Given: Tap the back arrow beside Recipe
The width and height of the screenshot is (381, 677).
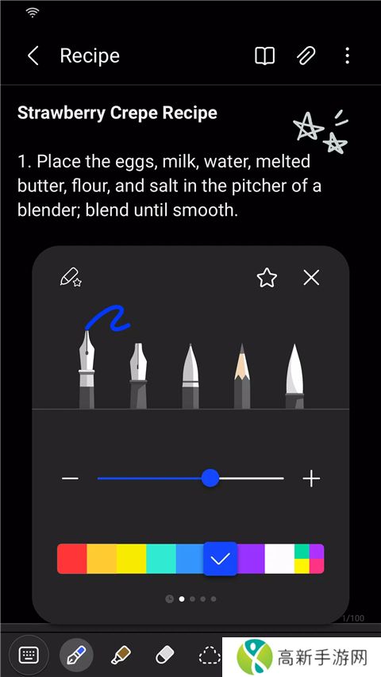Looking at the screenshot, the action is [x=33, y=56].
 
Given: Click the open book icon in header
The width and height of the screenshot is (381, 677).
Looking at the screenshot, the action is [x=264, y=56].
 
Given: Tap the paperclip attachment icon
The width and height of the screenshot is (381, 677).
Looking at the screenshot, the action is [x=306, y=56].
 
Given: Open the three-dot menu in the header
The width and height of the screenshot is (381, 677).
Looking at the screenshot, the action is [x=348, y=56].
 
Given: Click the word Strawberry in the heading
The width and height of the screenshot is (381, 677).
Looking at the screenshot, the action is [x=62, y=113].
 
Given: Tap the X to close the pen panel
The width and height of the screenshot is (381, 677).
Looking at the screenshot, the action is [x=311, y=278].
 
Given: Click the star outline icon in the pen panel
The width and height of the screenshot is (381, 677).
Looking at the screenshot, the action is [x=267, y=278].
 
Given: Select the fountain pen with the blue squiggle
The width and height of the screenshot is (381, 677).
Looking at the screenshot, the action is [x=87, y=369].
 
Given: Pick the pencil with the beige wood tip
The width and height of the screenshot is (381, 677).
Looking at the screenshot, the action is [x=242, y=376].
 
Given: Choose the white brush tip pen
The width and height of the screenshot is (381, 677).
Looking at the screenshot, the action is [x=294, y=376].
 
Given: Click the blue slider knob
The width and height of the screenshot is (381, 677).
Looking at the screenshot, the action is [x=210, y=478].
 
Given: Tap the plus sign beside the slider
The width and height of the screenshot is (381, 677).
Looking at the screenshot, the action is [x=311, y=479].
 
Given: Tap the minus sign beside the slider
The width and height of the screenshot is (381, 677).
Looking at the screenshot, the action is [x=70, y=479].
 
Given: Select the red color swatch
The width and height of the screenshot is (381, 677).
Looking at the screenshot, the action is [x=72, y=559].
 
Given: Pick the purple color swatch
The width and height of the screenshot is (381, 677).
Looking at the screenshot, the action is [x=251, y=559].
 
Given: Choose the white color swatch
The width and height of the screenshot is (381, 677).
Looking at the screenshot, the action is [x=279, y=559].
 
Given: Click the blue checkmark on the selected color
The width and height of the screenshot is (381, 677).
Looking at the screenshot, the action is [x=221, y=559].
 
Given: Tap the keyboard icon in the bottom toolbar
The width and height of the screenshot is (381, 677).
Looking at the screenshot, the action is [x=29, y=656].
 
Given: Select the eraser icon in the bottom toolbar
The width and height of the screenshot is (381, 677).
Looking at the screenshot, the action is [x=164, y=656].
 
